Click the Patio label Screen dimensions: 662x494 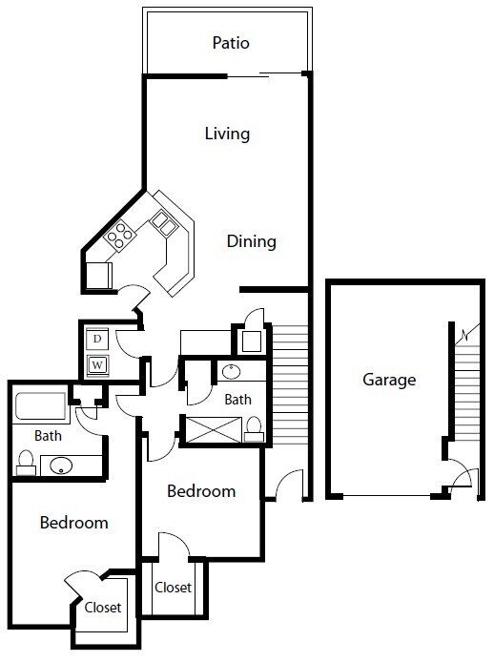click(x=231, y=43)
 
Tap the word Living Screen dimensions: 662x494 click(x=227, y=133)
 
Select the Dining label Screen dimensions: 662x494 click(x=251, y=241)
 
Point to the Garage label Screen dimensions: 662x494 click(x=389, y=380)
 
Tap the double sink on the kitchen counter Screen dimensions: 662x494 click(x=161, y=223)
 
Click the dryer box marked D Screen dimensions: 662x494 click(x=97, y=338)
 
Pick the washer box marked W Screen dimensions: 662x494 click(x=97, y=363)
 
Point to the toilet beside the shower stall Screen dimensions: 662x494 click(x=253, y=430)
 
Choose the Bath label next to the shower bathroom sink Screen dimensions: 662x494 click(x=237, y=400)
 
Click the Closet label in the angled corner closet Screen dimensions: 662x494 click(x=102, y=608)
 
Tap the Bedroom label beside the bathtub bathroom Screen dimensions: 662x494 click(x=73, y=523)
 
